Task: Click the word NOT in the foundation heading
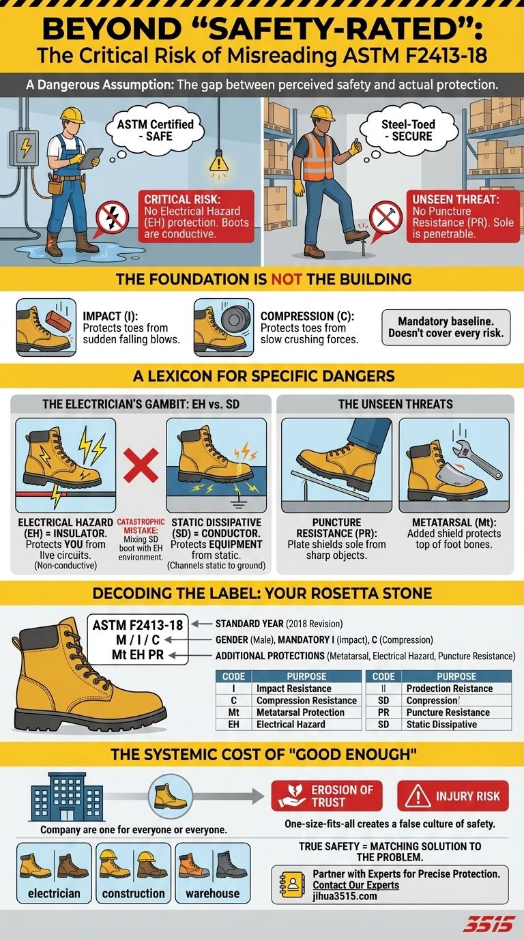click(x=287, y=279)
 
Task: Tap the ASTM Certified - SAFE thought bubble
click(x=155, y=130)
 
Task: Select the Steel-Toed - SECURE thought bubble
click(x=407, y=130)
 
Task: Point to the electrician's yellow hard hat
click(x=72, y=115)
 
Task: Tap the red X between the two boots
click(x=141, y=465)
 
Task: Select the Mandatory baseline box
click(x=446, y=327)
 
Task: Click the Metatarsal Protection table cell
click(x=300, y=712)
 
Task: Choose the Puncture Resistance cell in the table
click(x=448, y=712)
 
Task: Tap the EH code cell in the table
click(x=233, y=724)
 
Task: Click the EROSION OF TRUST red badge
click(x=327, y=796)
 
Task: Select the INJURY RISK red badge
click(x=453, y=796)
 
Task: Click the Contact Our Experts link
click(x=356, y=885)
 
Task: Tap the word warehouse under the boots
click(x=213, y=893)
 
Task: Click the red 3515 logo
click(x=491, y=924)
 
